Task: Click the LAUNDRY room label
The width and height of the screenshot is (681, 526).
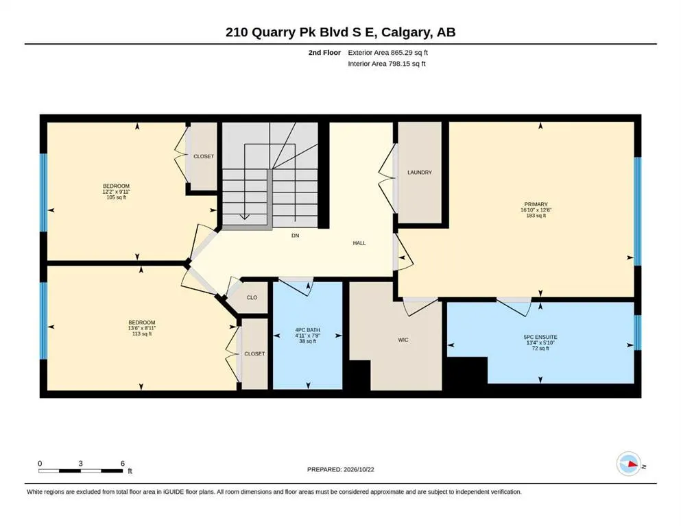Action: click(420, 172)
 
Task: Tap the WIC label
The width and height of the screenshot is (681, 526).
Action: click(403, 340)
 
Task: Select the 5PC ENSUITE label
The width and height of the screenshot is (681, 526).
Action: click(540, 337)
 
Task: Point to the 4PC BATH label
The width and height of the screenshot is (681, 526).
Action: click(307, 330)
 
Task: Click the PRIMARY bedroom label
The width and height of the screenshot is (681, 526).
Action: click(536, 204)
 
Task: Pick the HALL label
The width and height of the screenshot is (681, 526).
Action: click(359, 243)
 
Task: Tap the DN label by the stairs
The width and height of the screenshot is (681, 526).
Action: click(296, 236)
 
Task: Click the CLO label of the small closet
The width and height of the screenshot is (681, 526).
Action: click(252, 297)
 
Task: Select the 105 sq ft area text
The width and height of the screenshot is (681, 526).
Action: click(117, 197)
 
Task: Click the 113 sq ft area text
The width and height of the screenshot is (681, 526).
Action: click(142, 334)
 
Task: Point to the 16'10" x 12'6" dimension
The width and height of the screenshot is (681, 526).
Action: click(536, 210)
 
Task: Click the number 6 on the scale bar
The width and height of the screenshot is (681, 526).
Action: click(123, 463)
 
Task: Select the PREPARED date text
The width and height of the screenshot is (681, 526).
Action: click(340, 469)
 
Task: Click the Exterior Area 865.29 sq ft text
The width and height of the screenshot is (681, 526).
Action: click(388, 53)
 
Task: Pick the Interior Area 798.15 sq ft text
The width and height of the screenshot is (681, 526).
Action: click(387, 64)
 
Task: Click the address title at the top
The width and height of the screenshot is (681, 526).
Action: click(340, 32)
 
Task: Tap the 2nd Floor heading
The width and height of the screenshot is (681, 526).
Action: click(324, 53)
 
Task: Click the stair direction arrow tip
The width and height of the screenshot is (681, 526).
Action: click(245, 219)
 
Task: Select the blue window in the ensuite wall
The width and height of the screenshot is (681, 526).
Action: click(638, 332)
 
